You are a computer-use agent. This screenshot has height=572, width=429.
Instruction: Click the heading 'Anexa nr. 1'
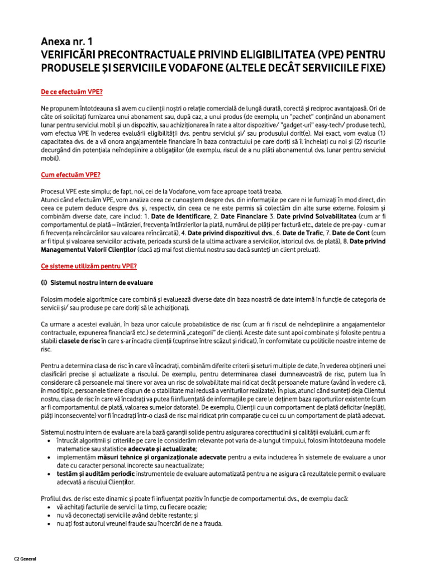(x=67, y=42)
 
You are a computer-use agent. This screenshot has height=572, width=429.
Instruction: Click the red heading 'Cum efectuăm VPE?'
(x=70, y=175)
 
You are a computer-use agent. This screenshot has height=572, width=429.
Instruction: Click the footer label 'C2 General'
(x=25, y=559)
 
